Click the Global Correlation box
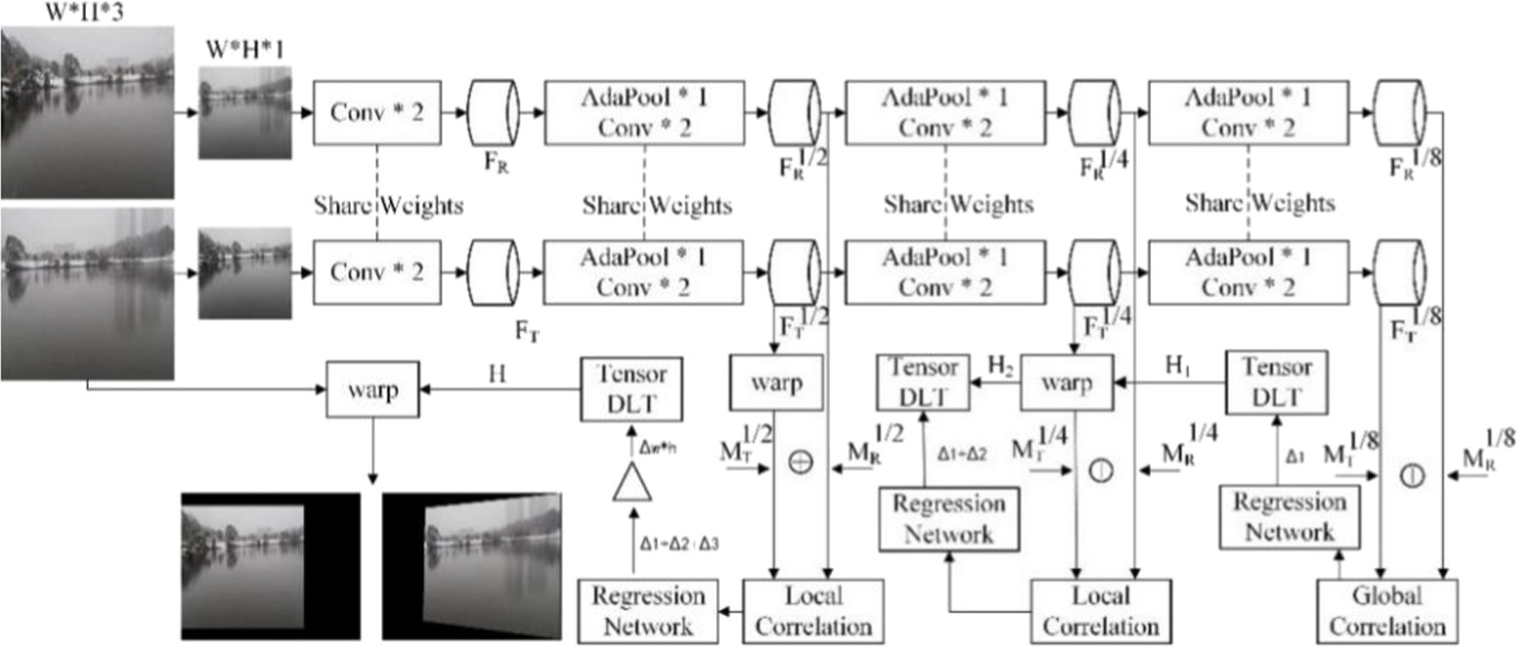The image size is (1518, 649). click(1386, 611)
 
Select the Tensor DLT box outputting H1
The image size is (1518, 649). click(1276, 382)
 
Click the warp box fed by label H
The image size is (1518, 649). click(372, 389)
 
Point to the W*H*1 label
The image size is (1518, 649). click(245, 50)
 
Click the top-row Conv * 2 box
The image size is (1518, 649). click(377, 112)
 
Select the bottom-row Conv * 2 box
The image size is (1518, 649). click(377, 271)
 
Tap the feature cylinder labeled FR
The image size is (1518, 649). click(492, 113)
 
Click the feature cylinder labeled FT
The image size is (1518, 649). click(492, 272)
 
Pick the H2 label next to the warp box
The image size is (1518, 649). click(1000, 365)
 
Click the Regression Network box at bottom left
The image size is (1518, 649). click(647, 611)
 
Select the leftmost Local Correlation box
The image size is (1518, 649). click(812, 611)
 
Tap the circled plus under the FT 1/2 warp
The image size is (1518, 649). click(800, 462)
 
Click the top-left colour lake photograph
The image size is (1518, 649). click(87, 112)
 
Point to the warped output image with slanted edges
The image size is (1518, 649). click(472, 566)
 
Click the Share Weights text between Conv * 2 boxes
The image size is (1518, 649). click(388, 205)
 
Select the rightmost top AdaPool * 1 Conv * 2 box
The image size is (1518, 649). click(1247, 112)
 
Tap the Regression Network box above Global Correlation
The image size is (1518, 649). click(1289, 516)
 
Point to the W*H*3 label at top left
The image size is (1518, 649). click(85, 12)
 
